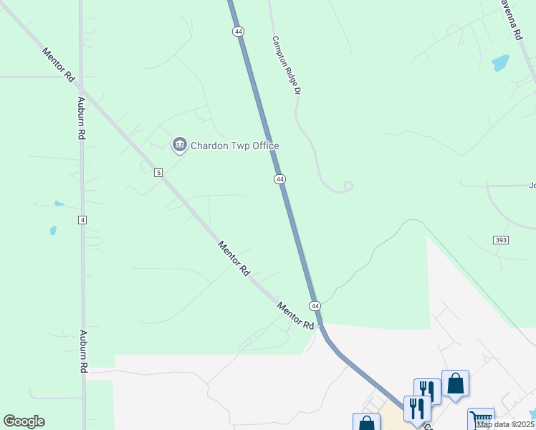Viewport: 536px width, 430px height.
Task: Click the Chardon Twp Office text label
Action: [x=234, y=145]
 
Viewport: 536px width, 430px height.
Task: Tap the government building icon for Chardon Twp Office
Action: [x=179, y=145]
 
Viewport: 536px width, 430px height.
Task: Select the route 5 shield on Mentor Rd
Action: [x=158, y=172]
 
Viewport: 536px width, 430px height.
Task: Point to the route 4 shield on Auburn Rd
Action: [x=82, y=219]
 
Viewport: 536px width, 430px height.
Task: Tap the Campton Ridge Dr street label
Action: [x=284, y=66]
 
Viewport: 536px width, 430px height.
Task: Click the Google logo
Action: [x=24, y=421]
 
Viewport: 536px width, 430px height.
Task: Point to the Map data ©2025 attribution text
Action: [x=505, y=424]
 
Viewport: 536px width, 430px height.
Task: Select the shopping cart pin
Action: [x=481, y=419]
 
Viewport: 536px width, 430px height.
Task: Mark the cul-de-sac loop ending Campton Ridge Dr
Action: [x=348, y=186]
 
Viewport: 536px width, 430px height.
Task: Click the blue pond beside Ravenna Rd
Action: [x=500, y=63]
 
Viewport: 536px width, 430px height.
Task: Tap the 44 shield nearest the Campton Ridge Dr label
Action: [x=238, y=32]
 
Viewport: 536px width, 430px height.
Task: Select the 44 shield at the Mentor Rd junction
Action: [x=315, y=306]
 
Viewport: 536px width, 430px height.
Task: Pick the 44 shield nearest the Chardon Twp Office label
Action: [x=279, y=178]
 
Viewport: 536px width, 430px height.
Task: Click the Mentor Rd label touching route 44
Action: [x=295, y=315]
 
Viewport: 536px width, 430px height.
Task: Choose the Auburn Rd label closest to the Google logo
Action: [x=83, y=351]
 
